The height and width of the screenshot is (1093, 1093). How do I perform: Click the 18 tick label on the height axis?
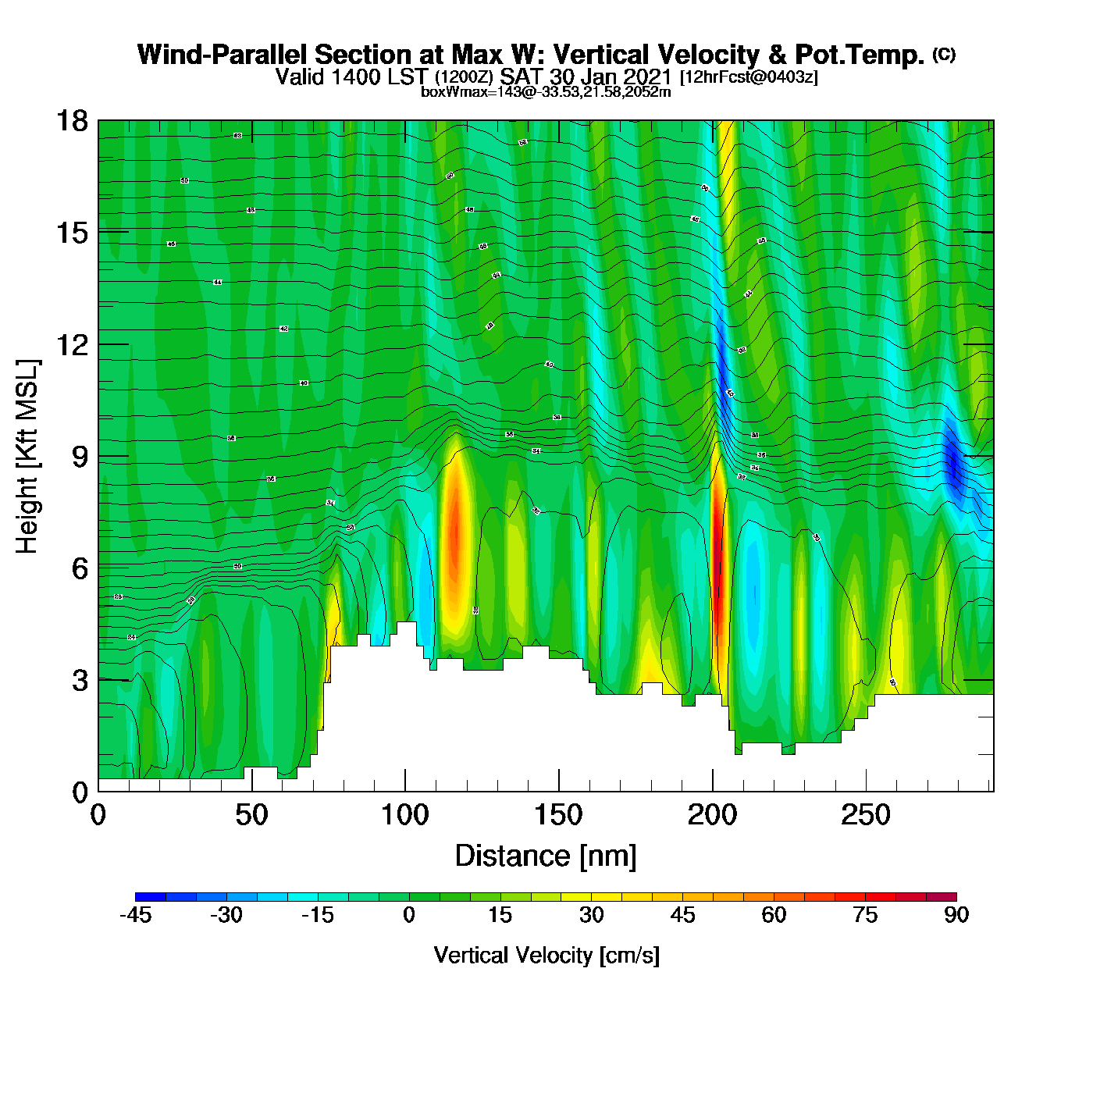coord(71,121)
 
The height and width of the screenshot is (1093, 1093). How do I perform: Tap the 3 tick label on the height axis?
coord(80,680)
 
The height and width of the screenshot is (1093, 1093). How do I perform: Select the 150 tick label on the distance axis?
coord(558,816)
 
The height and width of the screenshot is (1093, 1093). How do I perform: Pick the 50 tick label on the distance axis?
coord(251,816)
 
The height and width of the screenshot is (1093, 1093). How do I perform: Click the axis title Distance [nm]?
coord(546,856)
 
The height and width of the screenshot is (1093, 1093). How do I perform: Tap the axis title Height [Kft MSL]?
coord(27,457)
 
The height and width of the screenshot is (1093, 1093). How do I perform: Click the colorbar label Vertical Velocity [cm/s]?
coord(546,956)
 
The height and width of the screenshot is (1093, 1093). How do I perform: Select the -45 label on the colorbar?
coord(135,915)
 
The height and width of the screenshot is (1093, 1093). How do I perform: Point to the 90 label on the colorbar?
coord(956,915)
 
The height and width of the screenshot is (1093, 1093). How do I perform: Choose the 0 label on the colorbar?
coord(409,915)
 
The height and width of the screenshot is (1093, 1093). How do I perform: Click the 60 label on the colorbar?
coord(774,915)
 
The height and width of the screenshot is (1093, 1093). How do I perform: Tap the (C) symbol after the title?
coord(944,54)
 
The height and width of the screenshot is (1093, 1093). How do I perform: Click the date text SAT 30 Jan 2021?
coord(586,77)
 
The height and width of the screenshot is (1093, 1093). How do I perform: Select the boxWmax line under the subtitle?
coord(546,91)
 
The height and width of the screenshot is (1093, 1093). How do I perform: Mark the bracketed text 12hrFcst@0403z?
coord(749,77)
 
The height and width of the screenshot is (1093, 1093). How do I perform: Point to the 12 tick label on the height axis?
coord(71,344)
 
